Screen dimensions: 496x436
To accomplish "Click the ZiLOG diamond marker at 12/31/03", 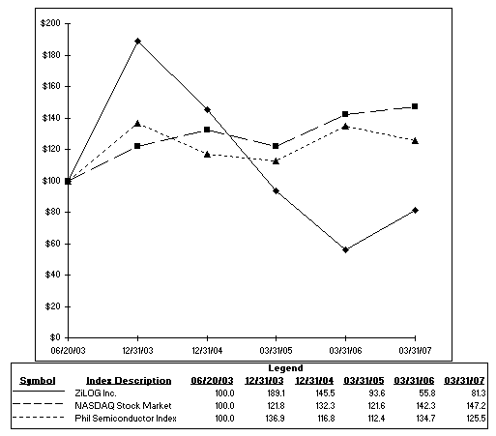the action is [x=138, y=41].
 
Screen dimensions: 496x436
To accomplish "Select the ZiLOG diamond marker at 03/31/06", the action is [x=345, y=249].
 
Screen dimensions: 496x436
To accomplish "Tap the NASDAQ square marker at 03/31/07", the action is [x=415, y=106].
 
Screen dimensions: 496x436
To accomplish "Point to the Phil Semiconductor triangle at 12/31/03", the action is [x=137, y=124].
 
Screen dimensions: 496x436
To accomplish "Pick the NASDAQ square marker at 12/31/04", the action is [x=207, y=130].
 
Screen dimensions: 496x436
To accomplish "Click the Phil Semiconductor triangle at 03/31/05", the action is [x=276, y=160].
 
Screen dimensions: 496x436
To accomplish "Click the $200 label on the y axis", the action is [x=50, y=23].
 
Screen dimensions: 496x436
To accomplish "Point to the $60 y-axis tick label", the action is [x=53, y=244].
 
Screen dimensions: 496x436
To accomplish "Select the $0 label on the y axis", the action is [x=55, y=337].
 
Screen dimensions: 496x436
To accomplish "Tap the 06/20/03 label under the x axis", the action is [x=68, y=350].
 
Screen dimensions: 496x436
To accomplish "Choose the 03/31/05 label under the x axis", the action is [x=276, y=350].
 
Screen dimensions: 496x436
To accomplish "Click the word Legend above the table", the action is [x=285, y=368].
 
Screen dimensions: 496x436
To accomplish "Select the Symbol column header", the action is [x=38, y=381].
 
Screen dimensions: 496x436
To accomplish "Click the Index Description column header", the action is [x=129, y=381].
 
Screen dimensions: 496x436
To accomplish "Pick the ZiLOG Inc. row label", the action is [x=96, y=393].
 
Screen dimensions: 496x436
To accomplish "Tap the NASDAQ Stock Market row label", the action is [x=123, y=406].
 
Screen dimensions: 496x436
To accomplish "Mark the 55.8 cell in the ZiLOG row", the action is [x=426, y=393].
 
